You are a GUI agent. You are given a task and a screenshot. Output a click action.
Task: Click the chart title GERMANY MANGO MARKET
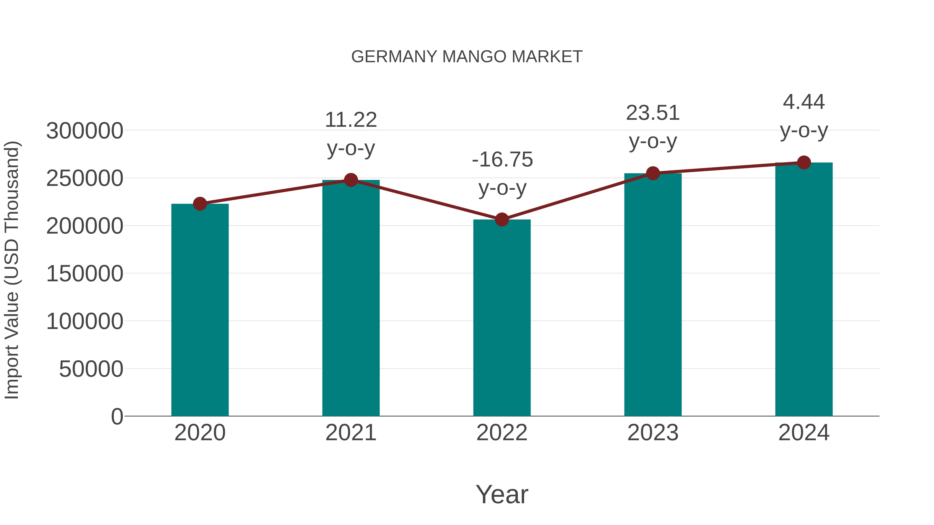click(467, 57)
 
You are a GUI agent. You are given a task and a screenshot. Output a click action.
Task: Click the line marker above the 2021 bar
click(351, 180)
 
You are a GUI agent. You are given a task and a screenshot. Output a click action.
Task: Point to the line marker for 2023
click(653, 173)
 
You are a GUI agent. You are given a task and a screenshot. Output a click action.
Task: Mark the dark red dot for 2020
click(200, 204)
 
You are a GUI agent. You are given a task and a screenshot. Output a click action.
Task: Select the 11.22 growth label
click(351, 120)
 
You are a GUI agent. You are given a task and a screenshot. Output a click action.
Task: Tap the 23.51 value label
click(653, 113)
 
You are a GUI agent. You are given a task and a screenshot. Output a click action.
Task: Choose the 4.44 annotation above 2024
click(804, 102)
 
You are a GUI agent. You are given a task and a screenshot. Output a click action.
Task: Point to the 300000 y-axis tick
click(85, 131)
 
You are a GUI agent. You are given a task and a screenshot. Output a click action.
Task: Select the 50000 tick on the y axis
click(91, 369)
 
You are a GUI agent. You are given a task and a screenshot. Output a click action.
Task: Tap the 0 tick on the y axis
click(117, 417)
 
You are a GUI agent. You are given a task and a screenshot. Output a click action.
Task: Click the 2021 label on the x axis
click(351, 433)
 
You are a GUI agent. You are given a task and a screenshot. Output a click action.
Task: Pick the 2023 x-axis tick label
click(653, 433)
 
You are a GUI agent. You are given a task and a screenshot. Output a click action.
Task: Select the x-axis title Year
click(502, 495)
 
